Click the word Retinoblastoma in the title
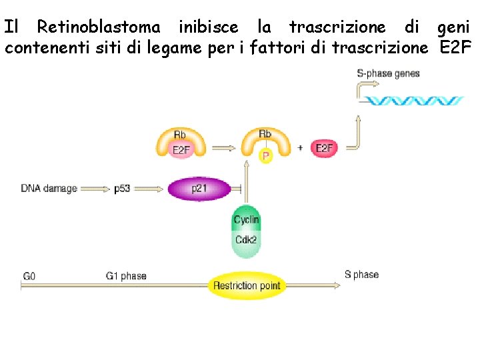pyautogui.click(x=99, y=27)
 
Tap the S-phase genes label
pyautogui.click(x=389, y=73)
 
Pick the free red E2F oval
pyautogui.click(x=324, y=148)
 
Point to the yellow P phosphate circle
pyautogui.click(x=265, y=157)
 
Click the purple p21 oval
pyautogui.click(x=199, y=189)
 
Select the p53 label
pyautogui.click(x=122, y=189)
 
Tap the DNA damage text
pyautogui.click(x=49, y=189)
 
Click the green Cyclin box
pyautogui.click(x=246, y=220)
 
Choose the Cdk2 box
pyautogui.click(x=246, y=240)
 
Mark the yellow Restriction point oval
pyautogui.click(x=246, y=286)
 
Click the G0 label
pyautogui.click(x=30, y=275)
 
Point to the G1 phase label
pyautogui.click(x=126, y=275)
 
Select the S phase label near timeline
pyautogui.click(x=361, y=275)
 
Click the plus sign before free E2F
pyautogui.click(x=301, y=148)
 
